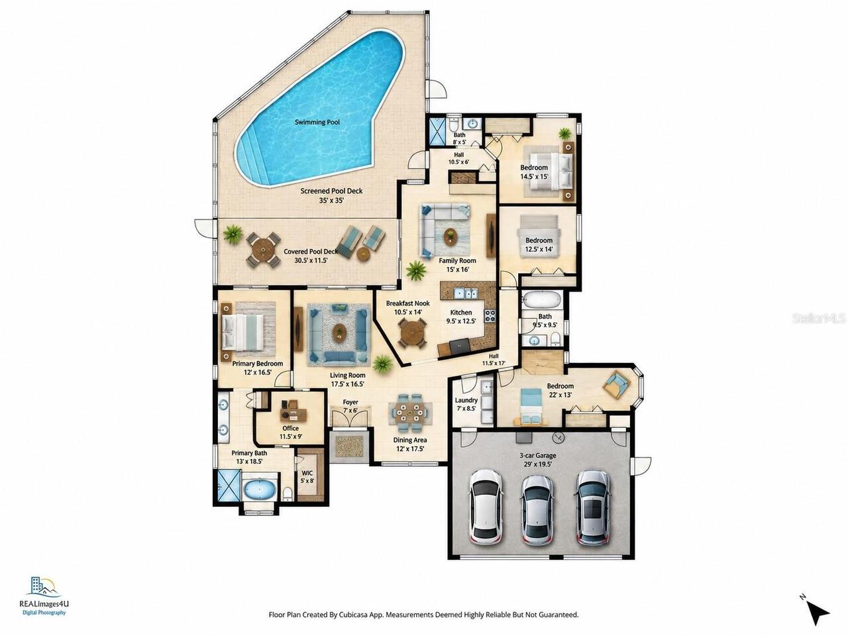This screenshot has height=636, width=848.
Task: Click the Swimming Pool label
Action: tap(317, 122)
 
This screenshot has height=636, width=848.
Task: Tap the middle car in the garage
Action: tap(537, 509)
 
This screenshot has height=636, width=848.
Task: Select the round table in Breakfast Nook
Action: tap(413, 333)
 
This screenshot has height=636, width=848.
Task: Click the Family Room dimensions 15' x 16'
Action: tap(457, 269)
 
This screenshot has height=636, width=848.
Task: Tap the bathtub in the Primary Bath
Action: tap(260, 490)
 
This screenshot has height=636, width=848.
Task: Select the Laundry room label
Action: tap(466, 400)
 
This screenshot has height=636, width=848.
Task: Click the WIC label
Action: tap(307, 473)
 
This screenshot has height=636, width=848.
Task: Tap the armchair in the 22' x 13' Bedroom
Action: tap(617, 384)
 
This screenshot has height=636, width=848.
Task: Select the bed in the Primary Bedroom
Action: tap(242, 333)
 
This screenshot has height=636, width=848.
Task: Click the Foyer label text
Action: tap(350, 402)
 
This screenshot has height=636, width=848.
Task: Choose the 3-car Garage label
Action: tap(537, 456)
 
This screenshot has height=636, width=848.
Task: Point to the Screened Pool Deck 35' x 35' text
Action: tap(331, 195)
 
